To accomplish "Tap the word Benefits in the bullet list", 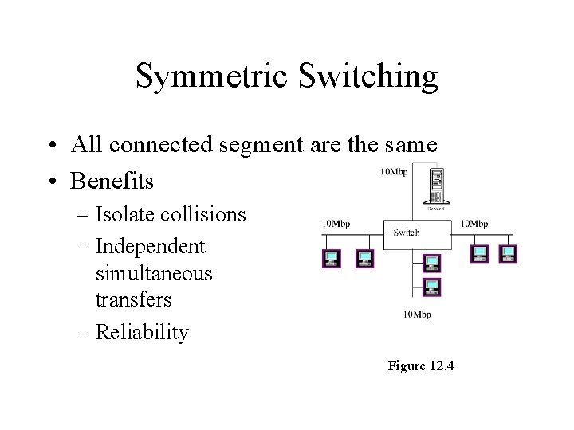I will pyautogui.click(x=112, y=181).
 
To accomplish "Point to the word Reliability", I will pyautogui.click(x=142, y=332).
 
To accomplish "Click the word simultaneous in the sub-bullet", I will pyautogui.click(x=154, y=273).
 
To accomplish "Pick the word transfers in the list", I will pyautogui.click(x=134, y=300).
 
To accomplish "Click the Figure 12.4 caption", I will pyautogui.click(x=420, y=365).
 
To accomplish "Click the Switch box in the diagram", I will pyautogui.click(x=407, y=233).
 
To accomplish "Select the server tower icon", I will pyautogui.click(x=436, y=186).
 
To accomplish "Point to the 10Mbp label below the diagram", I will pyautogui.click(x=416, y=315).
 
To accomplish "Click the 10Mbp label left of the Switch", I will pyautogui.click(x=336, y=224).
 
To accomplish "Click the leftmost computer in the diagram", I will pyautogui.click(x=332, y=258).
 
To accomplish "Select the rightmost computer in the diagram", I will pyautogui.click(x=508, y=254).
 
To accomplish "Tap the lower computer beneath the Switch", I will pyautogui.click(x=431, y=286).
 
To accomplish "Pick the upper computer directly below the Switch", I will pyautogui.click(x=431, y=262).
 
